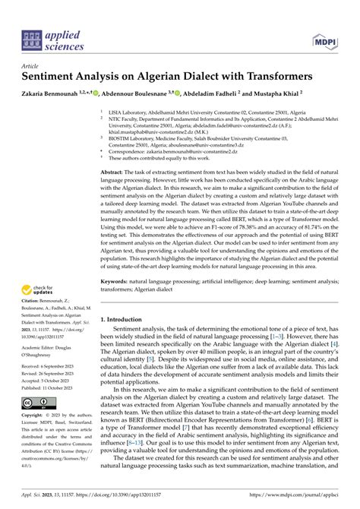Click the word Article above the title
click(32, 66)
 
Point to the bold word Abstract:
click(113, 173)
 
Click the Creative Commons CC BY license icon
click(37, 402)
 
